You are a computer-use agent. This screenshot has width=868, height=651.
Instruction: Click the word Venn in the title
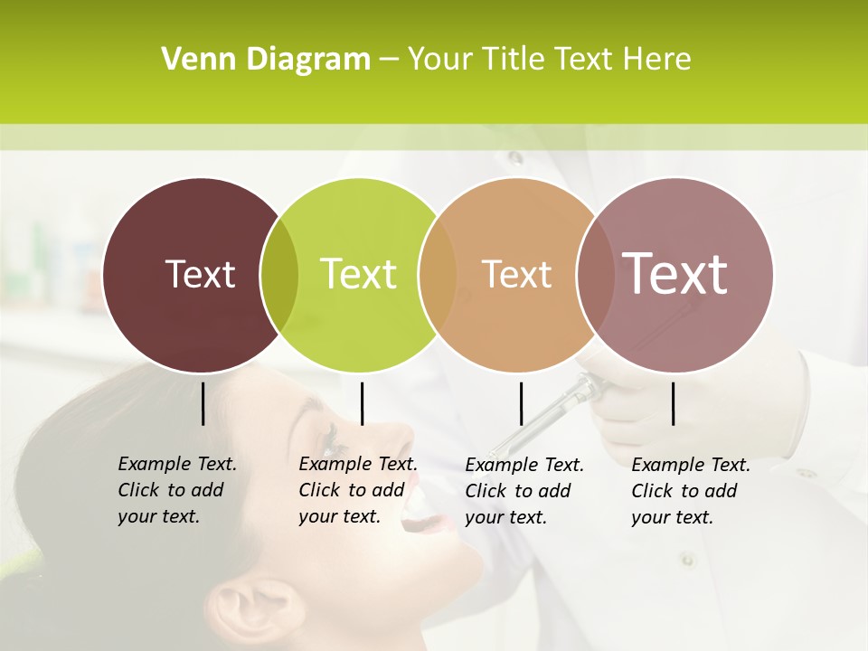pos(192,60)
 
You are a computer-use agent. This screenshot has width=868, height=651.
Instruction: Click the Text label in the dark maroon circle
pos(200,274)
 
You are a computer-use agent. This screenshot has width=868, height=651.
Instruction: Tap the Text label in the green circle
pos(358,274)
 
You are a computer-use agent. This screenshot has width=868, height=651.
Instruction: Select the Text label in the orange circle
pos(516,274)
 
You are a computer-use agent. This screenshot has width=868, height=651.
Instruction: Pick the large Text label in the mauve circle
pos(675,273)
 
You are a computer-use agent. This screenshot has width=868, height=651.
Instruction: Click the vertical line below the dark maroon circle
pos(203,403)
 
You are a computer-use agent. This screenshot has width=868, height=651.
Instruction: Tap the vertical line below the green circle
pos(362,403)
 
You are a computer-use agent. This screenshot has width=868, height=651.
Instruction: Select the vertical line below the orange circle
pos(521,403)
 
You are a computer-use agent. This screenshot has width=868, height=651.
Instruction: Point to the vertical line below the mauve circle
pos(674,403)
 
